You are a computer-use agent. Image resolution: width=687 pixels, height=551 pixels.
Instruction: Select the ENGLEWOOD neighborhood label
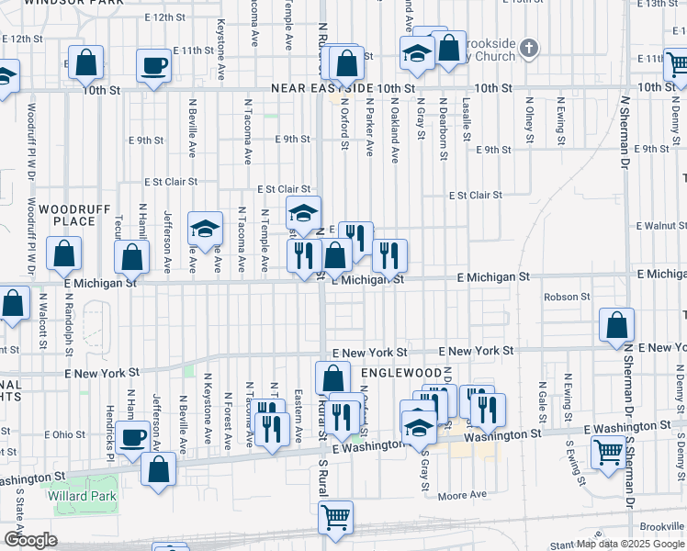[x=400, y=373]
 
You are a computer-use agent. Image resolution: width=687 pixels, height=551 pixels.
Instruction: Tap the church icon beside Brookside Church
[x=529, y=47]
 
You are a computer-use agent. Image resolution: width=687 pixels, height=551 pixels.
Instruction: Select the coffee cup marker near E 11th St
[x=153, y=66]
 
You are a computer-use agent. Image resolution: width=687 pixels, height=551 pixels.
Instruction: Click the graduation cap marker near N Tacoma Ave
[x=206, y=230]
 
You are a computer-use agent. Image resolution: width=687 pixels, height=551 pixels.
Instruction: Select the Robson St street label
[x=567, y=297]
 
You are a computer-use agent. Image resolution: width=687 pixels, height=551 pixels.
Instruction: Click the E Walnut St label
[x=660, y=225]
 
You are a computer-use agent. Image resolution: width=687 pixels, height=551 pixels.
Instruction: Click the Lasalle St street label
[x=467, y=119]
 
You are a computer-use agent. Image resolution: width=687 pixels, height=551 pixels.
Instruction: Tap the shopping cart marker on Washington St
[x=609, y=452]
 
